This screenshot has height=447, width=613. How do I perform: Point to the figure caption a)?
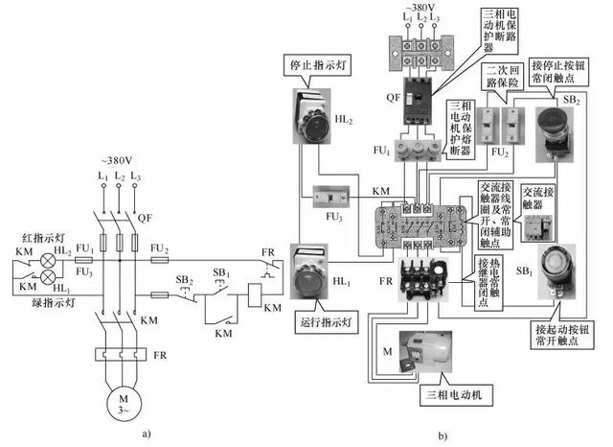tap(146, 434)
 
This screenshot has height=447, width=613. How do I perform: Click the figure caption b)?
tap(443, 436)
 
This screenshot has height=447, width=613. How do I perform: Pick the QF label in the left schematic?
tap(145, 218)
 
